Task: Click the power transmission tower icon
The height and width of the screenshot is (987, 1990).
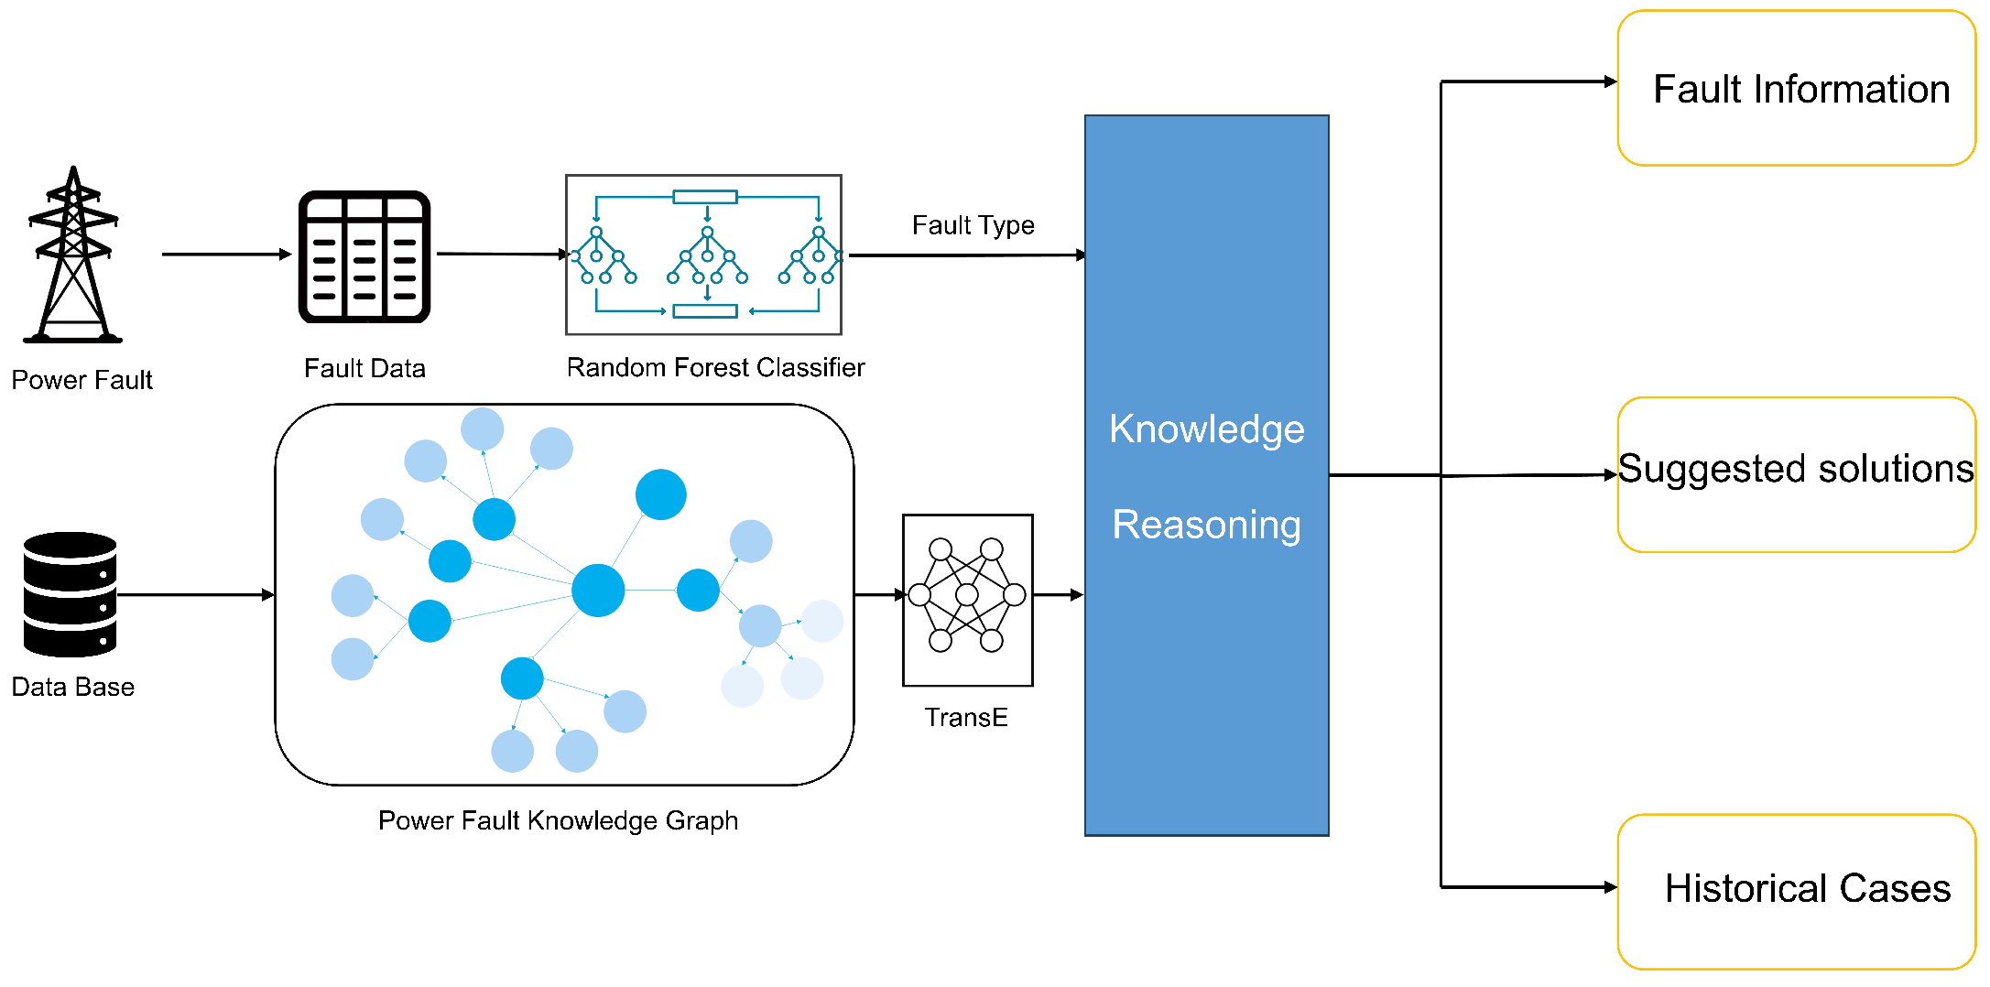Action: click(x=73, y=256)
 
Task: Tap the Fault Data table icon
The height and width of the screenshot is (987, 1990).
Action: click(x=364, y=257)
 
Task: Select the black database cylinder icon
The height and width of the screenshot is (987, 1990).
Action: click(x=70, y=594)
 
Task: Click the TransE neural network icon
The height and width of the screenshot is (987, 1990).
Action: click(x=967, y=600)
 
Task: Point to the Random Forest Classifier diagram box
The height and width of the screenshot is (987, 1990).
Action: click(x=703, y=255)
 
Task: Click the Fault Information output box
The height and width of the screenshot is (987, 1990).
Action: click(x=1796, y=89)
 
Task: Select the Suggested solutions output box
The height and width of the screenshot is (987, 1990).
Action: click(x=1796, y=474)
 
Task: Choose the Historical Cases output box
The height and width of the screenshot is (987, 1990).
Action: click(x=1796, y=891)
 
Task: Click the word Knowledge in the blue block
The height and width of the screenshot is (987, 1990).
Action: click(x=1206, y=429)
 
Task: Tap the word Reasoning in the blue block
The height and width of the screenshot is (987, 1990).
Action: click(x=1206, y=525)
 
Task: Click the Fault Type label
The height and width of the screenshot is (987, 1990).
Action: click(x=973, y=225)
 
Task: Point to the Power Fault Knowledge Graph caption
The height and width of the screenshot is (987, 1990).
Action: click(x=558, y=820)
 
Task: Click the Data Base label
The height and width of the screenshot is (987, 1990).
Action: click(x=72, y=687)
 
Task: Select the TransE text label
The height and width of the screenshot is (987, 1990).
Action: click(x=965, y=717)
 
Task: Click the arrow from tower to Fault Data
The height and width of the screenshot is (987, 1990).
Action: click(x=225, y=255)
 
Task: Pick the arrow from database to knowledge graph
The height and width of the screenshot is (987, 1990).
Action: click(x=195, y=595)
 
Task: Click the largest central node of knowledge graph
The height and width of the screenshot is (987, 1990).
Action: click(x=598, y=591)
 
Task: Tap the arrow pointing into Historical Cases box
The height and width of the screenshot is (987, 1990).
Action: click(x=1529, y=886)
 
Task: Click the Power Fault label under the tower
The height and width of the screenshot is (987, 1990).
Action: click(x=82, y=380)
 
